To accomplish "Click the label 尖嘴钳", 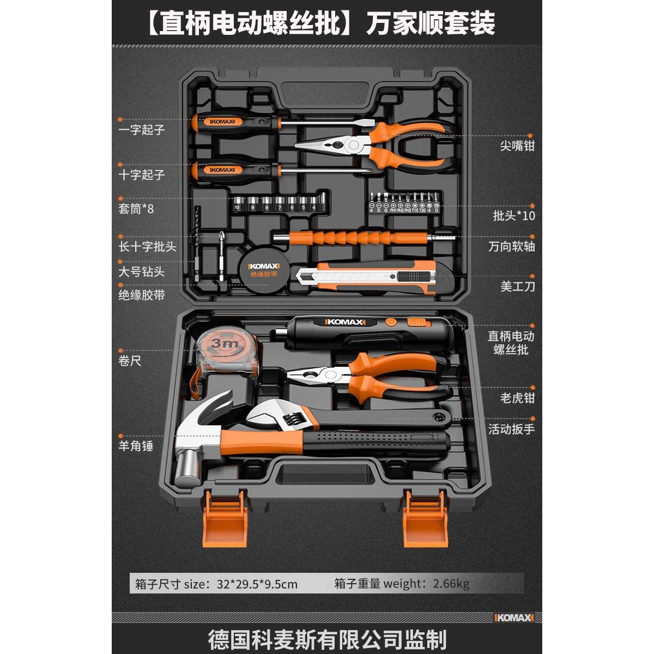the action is pos(517,146).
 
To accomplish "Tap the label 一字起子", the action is pos(141,130).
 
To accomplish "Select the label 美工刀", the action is pos(517,286).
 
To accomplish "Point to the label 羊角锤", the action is pos(136,446).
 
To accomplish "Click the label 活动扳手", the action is pos(511,429).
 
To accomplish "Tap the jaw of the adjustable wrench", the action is pos(272,415).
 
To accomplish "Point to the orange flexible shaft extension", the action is pos(360,238).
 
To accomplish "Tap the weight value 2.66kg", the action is pos(451,584).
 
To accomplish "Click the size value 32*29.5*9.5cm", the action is pos(257,584).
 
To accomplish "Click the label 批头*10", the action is pos(513,215).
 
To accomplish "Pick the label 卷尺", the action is pos(130,360).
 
